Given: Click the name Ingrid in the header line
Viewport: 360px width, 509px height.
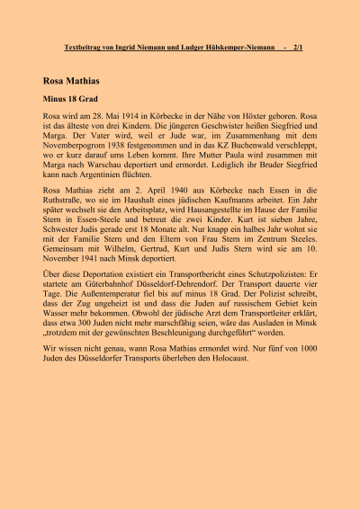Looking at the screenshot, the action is [x=139, y=45].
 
